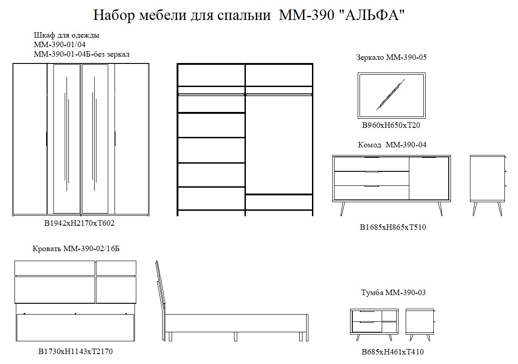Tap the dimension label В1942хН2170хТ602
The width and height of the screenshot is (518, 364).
[79, 223]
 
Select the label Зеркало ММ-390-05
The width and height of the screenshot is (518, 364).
[392, 57]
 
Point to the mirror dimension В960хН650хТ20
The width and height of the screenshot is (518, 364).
[391, 125]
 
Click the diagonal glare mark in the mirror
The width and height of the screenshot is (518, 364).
[391, 94]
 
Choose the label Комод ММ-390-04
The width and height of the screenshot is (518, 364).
[392, 145]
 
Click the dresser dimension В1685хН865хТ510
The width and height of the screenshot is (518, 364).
[393, 227]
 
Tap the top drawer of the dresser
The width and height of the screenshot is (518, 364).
[372, 164]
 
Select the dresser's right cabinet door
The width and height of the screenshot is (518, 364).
[429, 178]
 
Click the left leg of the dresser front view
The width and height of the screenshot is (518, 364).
[343, 209]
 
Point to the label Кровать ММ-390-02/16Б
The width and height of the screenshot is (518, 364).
[76, 248]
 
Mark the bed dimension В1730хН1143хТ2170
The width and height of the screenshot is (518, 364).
[76, 351]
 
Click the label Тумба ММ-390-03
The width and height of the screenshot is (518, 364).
[393, 292]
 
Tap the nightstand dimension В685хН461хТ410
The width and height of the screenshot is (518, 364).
[393, 352]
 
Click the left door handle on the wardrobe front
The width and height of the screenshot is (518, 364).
[47, 139]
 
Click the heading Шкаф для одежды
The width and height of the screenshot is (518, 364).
[67, 35]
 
